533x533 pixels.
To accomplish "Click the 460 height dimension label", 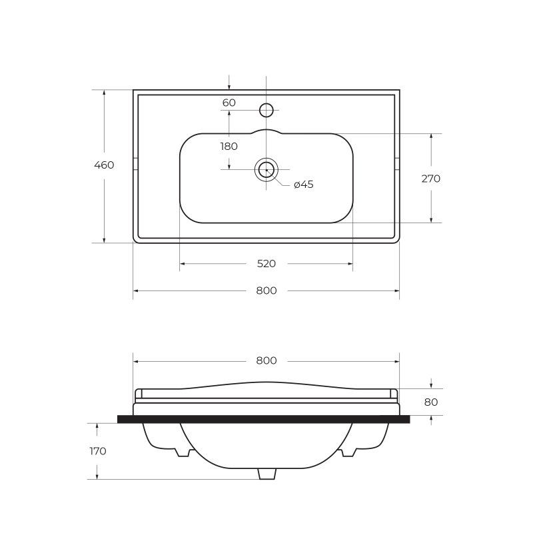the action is click(104, 165).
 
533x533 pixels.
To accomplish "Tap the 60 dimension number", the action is click(229, 103).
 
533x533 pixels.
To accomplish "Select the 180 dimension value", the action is click(229, 147).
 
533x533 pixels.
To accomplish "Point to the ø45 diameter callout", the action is click(304, 185).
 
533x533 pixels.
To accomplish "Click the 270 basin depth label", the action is click(430, 179).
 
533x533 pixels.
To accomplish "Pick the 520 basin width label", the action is click(266, 264).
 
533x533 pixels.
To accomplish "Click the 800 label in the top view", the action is click(266, 290).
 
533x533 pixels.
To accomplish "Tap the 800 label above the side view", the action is click(266, 360).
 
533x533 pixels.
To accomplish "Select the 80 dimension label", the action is click(430, 402).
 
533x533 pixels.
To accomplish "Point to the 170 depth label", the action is click(98, 452).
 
